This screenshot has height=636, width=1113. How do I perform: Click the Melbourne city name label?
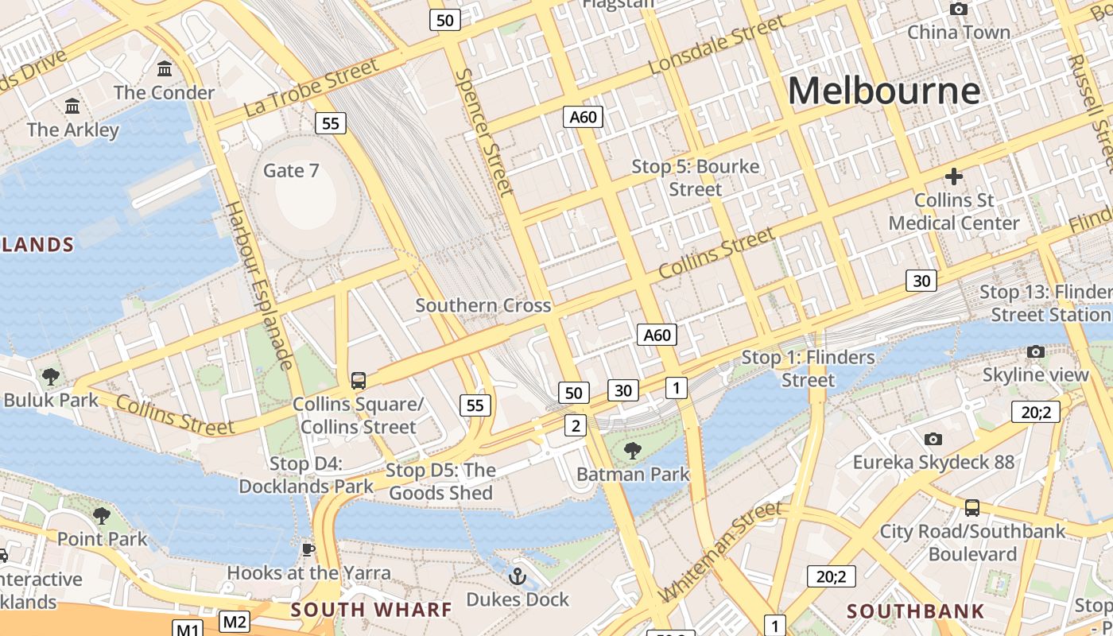click(x=883, y=91)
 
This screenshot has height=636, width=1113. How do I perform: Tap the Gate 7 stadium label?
click(x=291, y=170)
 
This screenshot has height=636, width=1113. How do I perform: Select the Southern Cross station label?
click(x=483, y=305)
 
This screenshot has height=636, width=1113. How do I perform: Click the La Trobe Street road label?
click(x=312, y=87)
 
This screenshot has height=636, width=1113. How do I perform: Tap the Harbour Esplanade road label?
click(x=258, y=285)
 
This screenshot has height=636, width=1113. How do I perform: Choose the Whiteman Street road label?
click(x=720, y=550)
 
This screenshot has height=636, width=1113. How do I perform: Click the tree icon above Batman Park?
click(x=633, y=451)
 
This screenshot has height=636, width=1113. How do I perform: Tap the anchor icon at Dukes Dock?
click(x=518, y=576)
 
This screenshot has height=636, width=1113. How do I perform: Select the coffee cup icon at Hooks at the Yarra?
click(x=308, y=549)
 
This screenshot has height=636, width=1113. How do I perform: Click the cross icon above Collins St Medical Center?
click(x=953, y=176)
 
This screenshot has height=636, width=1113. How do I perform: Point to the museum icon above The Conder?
click(x=165, y=68)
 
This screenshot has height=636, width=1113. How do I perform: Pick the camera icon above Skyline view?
click(x=1035, y=351)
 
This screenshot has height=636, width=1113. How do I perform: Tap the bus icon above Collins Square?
click(x=359, y=380)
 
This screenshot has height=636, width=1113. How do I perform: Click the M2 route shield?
click(x=234, y=622)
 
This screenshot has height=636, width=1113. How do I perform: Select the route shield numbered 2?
click(x=576, y=425)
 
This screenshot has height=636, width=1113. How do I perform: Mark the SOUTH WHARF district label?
click(x=371, y=610)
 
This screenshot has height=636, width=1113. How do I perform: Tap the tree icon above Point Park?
click(x=102, y=516)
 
